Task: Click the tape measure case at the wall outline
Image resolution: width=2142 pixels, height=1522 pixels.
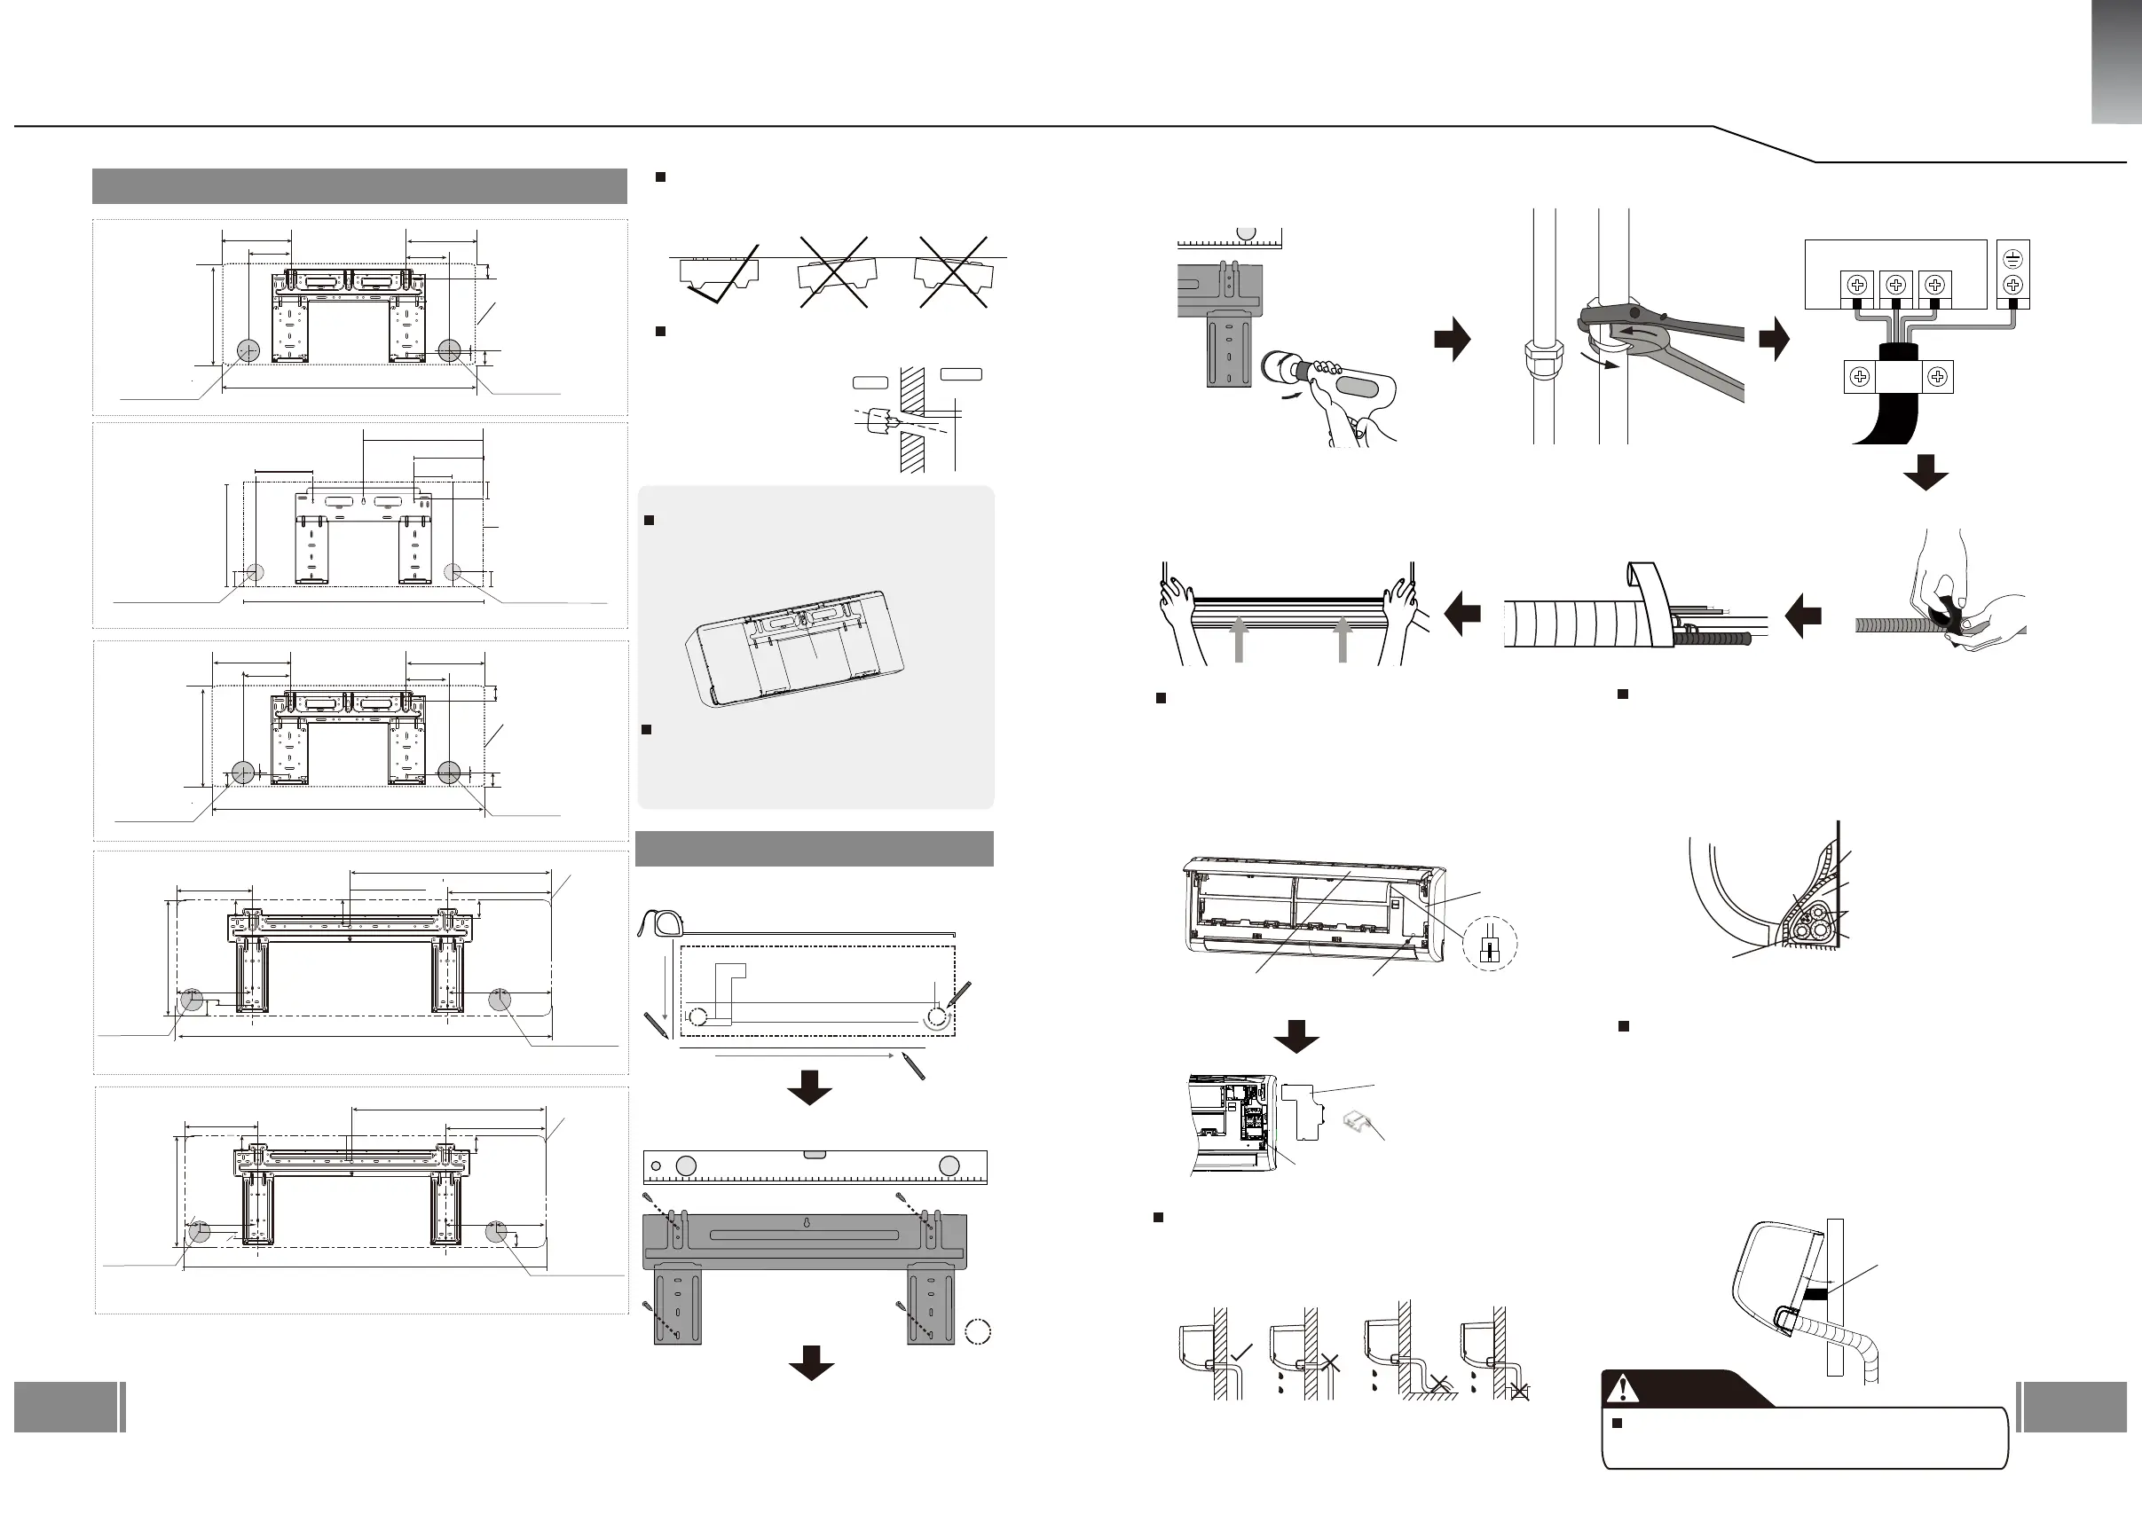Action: [661, 922]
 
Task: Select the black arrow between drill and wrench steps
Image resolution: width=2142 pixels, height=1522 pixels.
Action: [1452, 340]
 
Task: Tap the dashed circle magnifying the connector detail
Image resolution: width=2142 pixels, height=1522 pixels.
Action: [1490, 943]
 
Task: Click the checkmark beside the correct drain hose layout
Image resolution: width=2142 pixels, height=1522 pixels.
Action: [1241, 1352]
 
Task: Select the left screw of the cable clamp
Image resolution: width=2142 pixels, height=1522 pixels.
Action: [1859, 377]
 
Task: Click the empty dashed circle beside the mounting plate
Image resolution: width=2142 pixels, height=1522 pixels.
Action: [978, 1332]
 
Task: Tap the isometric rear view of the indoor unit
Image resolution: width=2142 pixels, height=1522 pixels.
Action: [797, 647]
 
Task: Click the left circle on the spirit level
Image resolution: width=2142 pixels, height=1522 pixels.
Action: [686, 1165]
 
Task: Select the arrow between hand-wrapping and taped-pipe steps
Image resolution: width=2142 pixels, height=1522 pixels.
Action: [1803, 616]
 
